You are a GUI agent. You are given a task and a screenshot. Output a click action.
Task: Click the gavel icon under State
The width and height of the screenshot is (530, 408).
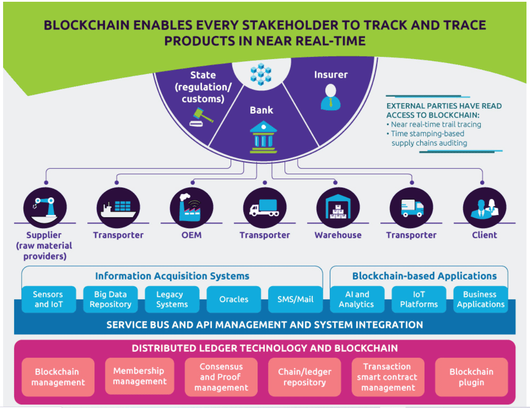(x=201, y=117)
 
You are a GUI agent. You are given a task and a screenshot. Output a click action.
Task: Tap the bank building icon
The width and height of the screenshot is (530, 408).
(x=263, y=137)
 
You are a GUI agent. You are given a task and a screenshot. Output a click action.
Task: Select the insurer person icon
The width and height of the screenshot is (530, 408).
(x=331, y=97)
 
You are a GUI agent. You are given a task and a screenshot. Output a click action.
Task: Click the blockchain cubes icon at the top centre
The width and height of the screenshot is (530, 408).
(x=261, y=74)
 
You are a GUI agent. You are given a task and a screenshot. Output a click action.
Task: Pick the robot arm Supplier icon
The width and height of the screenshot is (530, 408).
(x=45, y=208)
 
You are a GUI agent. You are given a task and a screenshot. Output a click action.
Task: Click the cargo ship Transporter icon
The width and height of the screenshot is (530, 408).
(x=118, y=208)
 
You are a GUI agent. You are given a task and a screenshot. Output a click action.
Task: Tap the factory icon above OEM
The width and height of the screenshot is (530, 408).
(x=191, y=208)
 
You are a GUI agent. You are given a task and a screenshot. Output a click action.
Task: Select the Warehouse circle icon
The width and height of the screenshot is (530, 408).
(x=338, y=208)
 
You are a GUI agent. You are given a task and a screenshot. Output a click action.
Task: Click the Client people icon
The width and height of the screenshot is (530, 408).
(x=485, y=208)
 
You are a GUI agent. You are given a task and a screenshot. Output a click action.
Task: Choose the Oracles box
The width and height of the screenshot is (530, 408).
(x=234, y=299)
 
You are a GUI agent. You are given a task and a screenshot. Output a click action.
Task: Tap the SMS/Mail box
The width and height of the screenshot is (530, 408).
(x=295, y=299)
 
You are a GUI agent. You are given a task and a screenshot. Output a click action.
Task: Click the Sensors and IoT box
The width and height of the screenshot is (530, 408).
(x=49, y=299)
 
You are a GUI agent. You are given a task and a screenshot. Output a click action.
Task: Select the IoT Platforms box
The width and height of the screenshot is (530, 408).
(x=419, y=299)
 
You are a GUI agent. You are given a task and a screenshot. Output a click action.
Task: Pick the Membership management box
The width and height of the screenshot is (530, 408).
(x=139, y=376)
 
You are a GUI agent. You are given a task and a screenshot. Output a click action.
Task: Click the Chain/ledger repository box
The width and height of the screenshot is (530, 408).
(x=304, y=377)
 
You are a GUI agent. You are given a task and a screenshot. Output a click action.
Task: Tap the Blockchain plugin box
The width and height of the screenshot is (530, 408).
(x=471, y=377)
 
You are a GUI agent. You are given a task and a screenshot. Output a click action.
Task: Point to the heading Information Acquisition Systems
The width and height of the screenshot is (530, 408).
(x=172, y=276)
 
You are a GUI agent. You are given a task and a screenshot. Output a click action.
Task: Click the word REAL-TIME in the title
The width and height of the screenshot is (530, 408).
(x=331, y=41)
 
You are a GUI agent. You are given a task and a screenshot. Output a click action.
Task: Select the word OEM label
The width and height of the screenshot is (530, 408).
(x=191, y=235)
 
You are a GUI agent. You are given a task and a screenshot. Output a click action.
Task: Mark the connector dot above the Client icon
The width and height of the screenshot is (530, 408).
(x=482, y=182)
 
